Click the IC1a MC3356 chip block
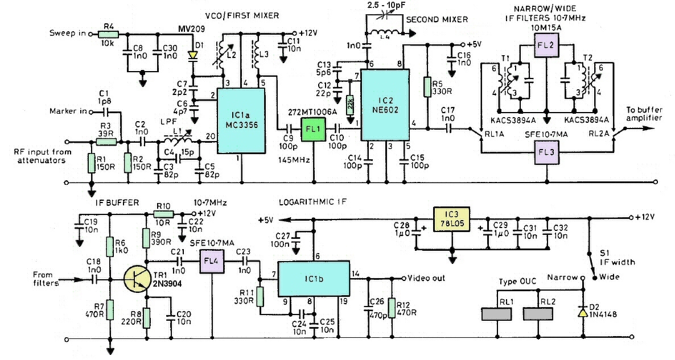pyautogui.click(x=240, y=121)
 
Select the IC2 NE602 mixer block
pyautogui.click(x=384, y=105)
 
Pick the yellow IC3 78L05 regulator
pyautogui.click(x=452, y=218)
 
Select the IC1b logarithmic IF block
pyautogui.click(x=312, y=278)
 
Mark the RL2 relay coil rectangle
pyautogui.click(x=538, y=314)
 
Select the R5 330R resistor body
pyautogui.click(x=428, y=86)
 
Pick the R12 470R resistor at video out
pyautogui.click(x=393, y=307)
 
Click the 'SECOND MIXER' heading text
pyautogui.click(x=437, y=19)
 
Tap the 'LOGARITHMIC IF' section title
pyautogui.click(x=312, y=202)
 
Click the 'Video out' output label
pyautogui.click(x=426, y=278)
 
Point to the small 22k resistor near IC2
pyautogui.click(x=350, y=105)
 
